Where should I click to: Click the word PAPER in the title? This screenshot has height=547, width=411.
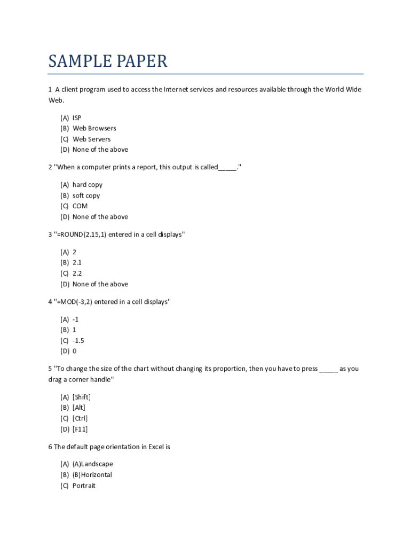[x=139, y=61]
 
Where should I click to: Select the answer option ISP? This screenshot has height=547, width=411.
[x=77, y=118]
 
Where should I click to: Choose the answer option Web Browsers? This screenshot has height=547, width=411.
[x=94, y=128]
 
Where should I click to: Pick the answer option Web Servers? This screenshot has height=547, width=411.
[x=91, y=139]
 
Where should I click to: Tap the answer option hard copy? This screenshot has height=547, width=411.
[x=88, y=185]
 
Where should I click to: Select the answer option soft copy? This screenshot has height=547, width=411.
[x=86, y=196]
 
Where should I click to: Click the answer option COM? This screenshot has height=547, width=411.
[x=80, y=206]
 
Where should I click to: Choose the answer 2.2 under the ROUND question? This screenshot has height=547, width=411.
[x=77, y=273]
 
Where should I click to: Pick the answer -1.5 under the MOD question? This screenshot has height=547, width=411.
[x=78, y=341]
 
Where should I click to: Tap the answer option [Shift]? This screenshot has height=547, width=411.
[x=82, y=397]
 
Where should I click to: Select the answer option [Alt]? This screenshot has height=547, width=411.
[x=79, y=408]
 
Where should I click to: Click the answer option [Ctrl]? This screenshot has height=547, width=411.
[x=80, y=418]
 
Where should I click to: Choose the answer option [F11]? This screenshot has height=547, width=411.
[x=80, y=429]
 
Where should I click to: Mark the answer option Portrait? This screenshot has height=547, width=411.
[x=84, y=486]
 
